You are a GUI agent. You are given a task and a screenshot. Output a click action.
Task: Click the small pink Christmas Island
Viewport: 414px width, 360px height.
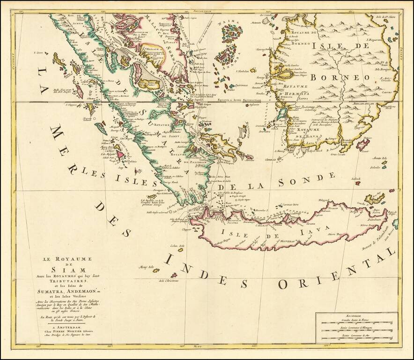coord(174,275)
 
